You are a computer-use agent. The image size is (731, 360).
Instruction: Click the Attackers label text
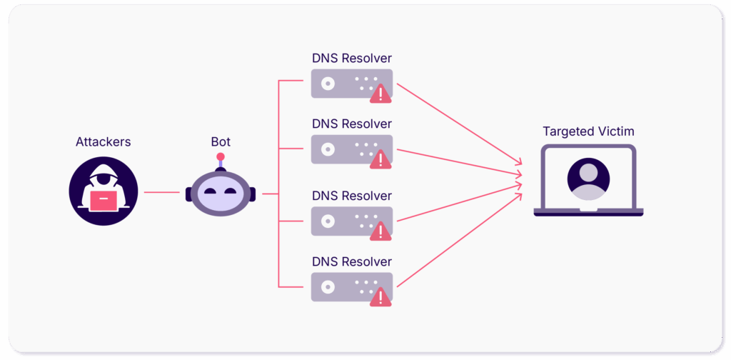[104, 142]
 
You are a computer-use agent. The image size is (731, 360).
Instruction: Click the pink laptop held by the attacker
[104, 201]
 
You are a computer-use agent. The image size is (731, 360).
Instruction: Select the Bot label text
[221, 142]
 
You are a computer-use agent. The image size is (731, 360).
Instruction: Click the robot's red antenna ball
[221, 156]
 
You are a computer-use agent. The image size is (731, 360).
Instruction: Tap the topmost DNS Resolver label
[352, 59]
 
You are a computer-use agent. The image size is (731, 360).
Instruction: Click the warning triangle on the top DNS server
[380, 93]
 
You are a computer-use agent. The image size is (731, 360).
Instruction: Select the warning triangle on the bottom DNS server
[380, 296]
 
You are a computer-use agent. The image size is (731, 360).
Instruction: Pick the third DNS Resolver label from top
[352, 196]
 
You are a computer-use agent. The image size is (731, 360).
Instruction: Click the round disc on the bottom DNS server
[327, 286]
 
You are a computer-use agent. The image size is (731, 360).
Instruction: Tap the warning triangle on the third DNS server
[380, 230]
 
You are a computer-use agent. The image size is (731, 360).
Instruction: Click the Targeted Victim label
[588, 131]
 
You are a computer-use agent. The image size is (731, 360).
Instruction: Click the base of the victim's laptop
[588, 212]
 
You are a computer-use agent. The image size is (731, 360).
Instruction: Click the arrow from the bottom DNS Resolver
[457, 242]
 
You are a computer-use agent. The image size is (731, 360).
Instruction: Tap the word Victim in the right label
[615, 131]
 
